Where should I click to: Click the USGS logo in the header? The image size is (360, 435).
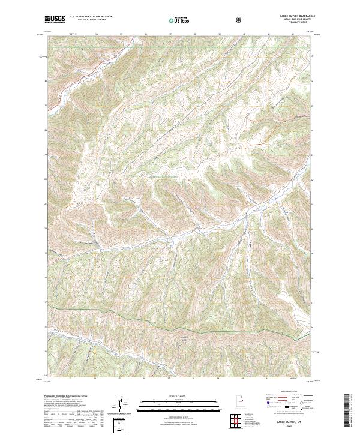point(55,20)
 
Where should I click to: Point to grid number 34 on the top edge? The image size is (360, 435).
point(97,34)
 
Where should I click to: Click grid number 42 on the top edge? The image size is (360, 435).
point(292,34)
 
